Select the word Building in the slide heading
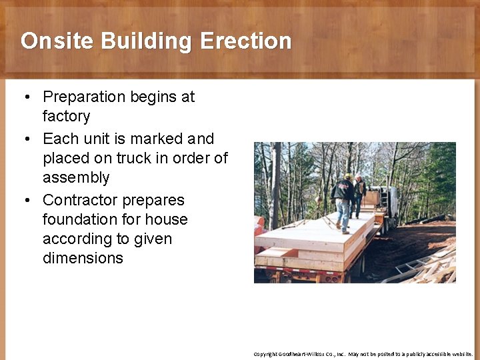[147, 41]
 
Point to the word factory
[66, 117]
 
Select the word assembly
[76, 178]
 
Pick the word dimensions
[83, 259]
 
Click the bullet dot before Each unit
[27, 139]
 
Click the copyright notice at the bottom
[363, 354]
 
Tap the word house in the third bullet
[166, 219]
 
